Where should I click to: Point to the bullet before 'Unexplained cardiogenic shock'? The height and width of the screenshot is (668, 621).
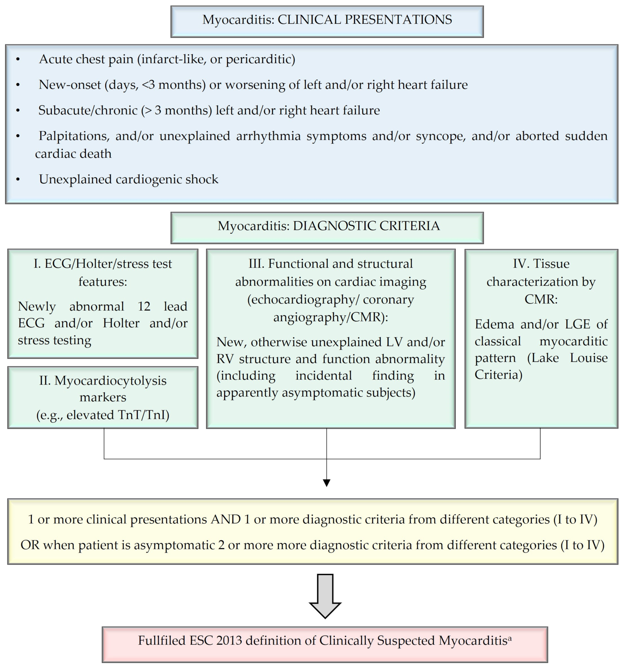(18, 180)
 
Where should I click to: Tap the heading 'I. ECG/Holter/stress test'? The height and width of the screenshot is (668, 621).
(103, 264)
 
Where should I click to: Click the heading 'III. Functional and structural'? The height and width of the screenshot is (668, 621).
(330, 264)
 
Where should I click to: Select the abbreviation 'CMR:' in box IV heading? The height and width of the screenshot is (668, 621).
(541, 299)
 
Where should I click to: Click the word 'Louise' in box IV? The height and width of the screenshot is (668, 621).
(588, 358)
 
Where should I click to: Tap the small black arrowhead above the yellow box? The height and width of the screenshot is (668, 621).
(326, 483)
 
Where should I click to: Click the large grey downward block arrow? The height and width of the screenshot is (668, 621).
(325, 595)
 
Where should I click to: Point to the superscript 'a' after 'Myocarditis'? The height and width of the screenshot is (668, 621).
(509, 638)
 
